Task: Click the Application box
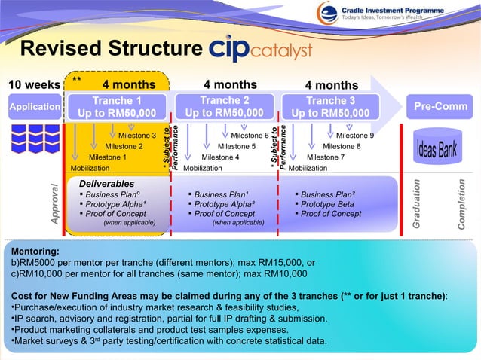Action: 34,107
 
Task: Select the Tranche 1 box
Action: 117,107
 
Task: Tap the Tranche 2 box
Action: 224,107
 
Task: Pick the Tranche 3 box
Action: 330,107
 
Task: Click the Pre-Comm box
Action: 441,107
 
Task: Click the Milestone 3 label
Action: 137,136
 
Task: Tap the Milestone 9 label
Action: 354,136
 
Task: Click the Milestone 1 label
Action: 108,157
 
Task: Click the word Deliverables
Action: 107,184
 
